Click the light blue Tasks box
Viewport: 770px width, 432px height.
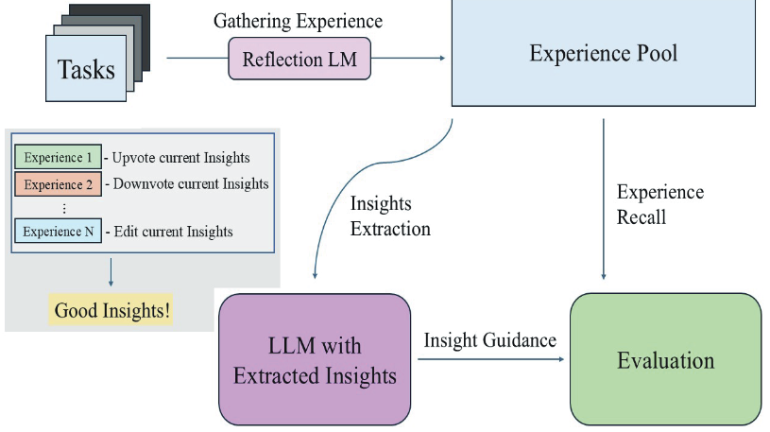(87, 69)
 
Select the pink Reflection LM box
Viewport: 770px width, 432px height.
(299, 59)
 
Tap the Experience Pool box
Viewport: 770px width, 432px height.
(603, 53)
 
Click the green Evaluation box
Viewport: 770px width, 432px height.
(665, 360)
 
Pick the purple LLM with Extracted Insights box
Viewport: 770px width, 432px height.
(315, 360)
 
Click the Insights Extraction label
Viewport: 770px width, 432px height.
(390, 216)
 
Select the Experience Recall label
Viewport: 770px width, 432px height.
(659, 204)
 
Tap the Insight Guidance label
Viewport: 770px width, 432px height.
(489, 339)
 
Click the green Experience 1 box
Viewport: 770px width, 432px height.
(58, 157)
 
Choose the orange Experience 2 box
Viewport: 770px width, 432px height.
(58, 183)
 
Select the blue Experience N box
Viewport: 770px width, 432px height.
(58, 231)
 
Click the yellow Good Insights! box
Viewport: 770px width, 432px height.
(112, 310)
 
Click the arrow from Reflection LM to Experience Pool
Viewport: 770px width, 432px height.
(407, 58)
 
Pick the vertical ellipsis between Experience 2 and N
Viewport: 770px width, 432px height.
(62, 207)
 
